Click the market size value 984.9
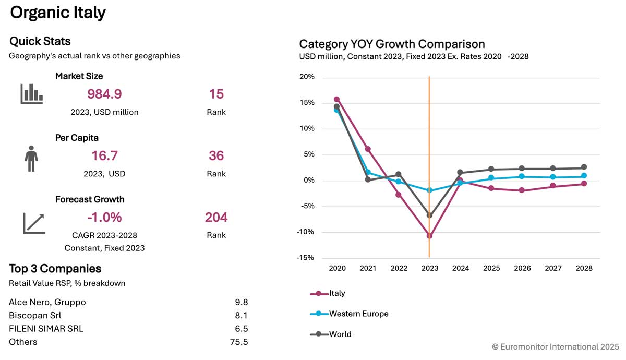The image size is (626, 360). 104,94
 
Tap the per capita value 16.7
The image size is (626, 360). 104,155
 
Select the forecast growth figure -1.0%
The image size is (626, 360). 104,217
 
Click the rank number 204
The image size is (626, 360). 216,217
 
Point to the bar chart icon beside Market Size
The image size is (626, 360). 31,94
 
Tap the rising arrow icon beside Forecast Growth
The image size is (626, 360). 34,223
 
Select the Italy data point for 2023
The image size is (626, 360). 429,236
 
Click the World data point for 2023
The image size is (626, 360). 429,215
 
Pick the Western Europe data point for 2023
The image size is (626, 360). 429,190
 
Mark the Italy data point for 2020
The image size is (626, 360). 337,99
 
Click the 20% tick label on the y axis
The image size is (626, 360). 307,77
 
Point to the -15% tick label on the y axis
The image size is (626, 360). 305,258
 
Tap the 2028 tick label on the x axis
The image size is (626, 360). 584,268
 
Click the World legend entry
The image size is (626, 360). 331,334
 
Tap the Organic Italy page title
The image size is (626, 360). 58,13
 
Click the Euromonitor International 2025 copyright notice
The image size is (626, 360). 555,346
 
